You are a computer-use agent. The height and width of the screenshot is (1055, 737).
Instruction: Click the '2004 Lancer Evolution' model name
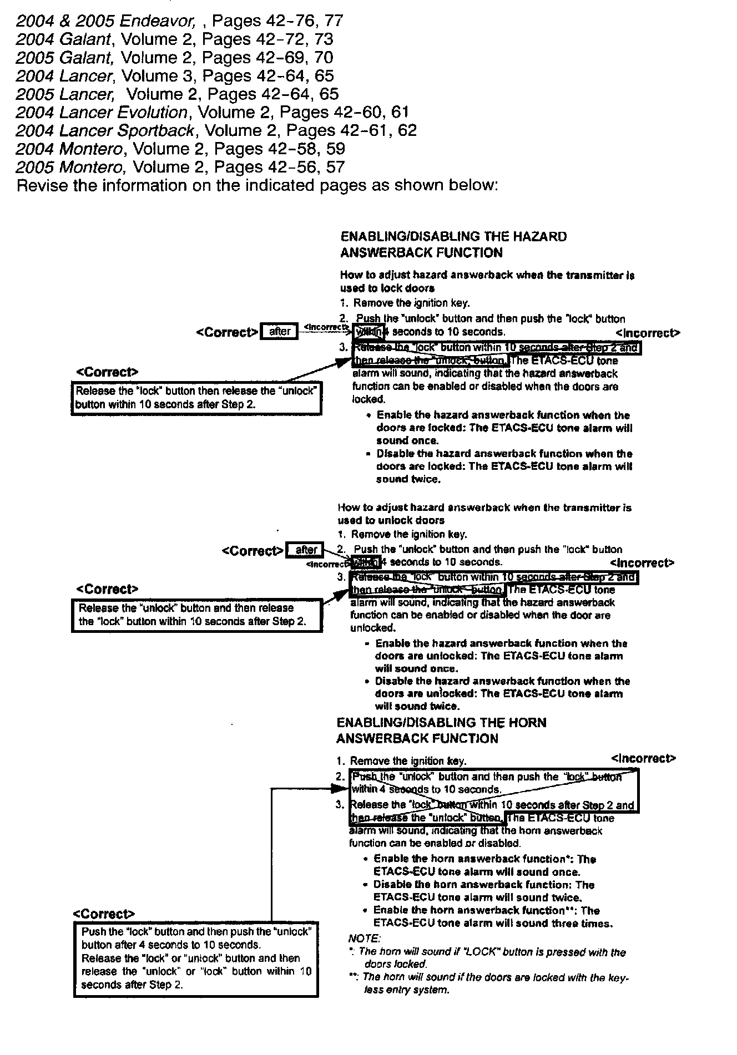102,113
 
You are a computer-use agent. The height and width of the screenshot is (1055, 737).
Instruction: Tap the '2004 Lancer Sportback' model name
105,131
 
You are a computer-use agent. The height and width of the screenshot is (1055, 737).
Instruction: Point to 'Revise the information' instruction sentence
258,185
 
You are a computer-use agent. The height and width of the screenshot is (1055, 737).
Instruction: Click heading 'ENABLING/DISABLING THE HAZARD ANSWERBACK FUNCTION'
453,245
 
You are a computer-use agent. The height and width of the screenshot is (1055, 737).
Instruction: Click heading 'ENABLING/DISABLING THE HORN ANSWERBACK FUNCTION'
441,731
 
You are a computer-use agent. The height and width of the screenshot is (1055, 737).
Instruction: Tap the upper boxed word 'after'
279,332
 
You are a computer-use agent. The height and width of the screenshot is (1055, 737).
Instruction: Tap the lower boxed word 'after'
306,550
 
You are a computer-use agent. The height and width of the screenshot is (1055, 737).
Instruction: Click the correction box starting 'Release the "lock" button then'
196,398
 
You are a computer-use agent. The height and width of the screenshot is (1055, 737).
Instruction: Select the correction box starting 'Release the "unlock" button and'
197,615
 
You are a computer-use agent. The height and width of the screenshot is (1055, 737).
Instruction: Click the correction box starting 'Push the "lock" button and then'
196,959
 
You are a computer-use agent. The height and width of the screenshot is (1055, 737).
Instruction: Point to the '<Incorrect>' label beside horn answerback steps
643,758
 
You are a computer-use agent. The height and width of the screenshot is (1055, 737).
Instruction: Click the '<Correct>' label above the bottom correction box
104,914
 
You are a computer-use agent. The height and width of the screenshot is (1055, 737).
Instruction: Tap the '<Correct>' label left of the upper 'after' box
226,332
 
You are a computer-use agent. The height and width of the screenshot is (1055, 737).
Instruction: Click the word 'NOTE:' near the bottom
364,939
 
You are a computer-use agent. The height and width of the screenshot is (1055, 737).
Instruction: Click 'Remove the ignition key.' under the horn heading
408,761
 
